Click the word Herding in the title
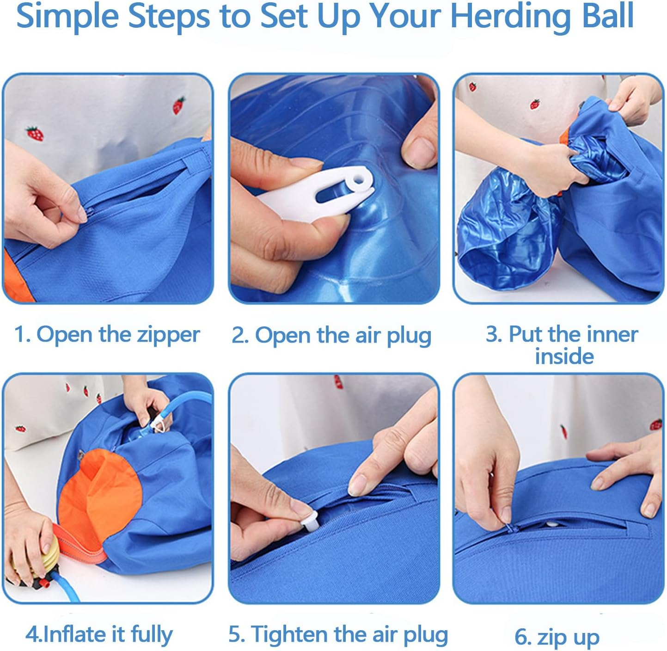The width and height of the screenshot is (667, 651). coord(511,17)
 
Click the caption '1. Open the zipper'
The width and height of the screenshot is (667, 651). coord(107,334)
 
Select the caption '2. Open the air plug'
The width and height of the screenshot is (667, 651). coord(331,335)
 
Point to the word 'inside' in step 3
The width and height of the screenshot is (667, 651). coord(564,356)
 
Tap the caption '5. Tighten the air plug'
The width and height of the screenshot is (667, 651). coord(338,634)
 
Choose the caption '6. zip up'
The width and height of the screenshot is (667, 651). coord(557,637)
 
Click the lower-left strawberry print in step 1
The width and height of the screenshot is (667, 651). coord(35,134)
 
